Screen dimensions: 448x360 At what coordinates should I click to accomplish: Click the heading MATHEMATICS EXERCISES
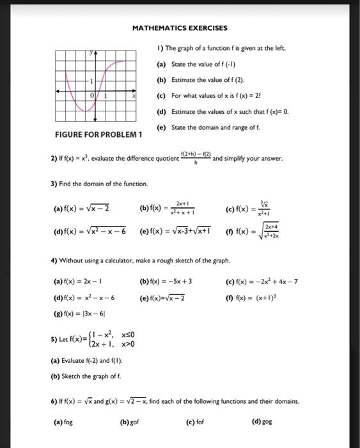[x=179, y=28]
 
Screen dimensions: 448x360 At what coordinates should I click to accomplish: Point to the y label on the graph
[x=91, y=54]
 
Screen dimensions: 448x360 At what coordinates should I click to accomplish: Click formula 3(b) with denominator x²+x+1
[x=167, y=209]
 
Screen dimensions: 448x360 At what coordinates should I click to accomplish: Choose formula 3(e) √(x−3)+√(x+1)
[x=173, y=231]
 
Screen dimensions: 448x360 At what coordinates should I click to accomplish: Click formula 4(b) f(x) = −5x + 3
[x=166, y=281]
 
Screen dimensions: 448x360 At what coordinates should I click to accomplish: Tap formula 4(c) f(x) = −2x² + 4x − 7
[x=262, y=281]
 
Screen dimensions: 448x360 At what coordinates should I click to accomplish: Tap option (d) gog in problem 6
[x=263, y=422]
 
